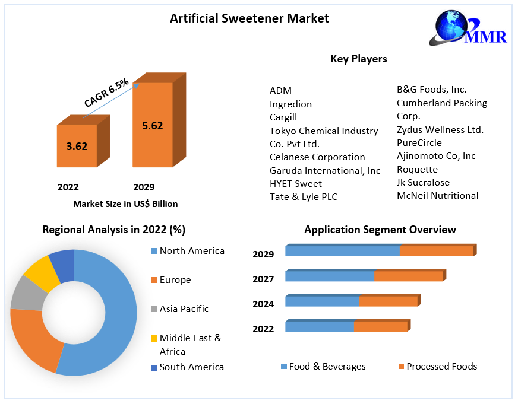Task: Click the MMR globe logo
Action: pos(468,28)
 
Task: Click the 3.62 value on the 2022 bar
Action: pos(77,146)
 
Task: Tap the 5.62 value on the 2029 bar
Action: pos(152,126)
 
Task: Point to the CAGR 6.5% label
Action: pos(106,93)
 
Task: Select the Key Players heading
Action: pos(359,59)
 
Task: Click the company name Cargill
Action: pos(283,117)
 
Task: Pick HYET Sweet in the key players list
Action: pos(296,184)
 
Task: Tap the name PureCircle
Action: pos(419,143)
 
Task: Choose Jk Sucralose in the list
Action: pos(423,182)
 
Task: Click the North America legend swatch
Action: pos(154,251)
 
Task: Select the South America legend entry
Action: pos(187,367)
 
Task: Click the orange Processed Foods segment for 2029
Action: pos(437,252)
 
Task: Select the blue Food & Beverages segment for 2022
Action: pos(320,326)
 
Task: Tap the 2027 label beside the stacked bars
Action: pos(263,279)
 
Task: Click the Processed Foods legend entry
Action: pos(438,367)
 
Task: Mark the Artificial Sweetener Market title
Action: pos(249,18)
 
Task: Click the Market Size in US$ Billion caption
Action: pos(125,204)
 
